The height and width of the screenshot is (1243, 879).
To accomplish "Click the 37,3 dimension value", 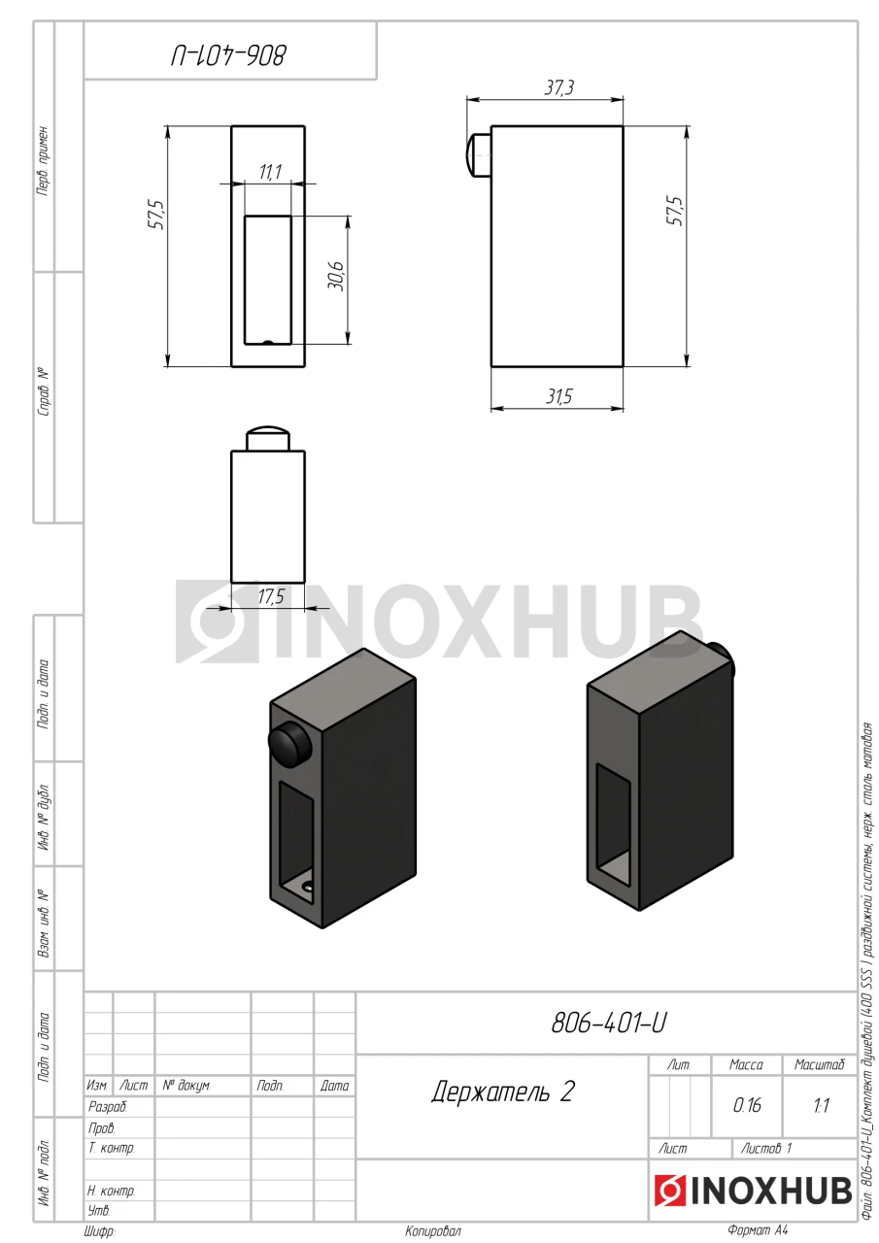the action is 558,87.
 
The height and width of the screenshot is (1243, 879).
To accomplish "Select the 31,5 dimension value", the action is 558,396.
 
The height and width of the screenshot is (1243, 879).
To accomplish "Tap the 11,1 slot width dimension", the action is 270,172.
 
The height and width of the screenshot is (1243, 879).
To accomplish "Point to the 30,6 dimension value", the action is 336,276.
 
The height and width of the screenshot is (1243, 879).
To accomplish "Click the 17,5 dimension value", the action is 271,596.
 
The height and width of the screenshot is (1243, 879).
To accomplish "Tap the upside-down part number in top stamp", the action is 228,56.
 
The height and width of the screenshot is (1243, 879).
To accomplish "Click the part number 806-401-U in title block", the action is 609,1023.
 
